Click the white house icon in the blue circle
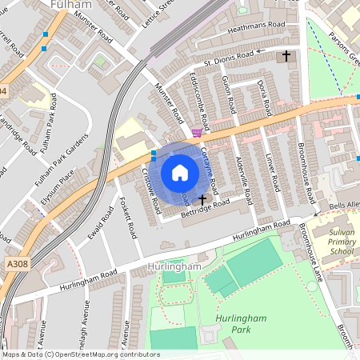(180, 172)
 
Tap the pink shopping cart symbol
(197, 133)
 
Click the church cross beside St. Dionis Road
(287, 56)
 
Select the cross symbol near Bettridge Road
(202, 198)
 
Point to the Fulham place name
(69, 5)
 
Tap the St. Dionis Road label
(229, 58)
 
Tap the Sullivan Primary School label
(330, 240)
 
